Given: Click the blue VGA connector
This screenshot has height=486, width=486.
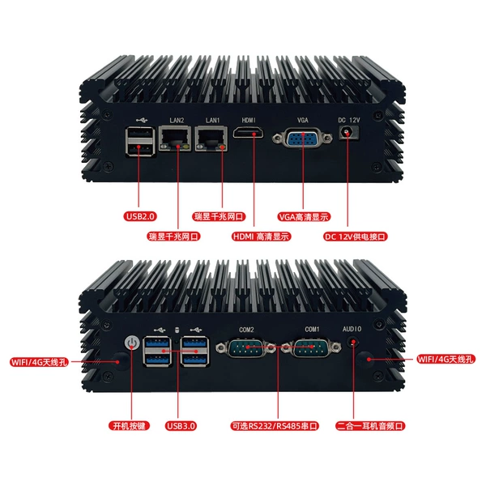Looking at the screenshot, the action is point(302,138).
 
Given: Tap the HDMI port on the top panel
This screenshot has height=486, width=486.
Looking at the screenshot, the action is point(249,133).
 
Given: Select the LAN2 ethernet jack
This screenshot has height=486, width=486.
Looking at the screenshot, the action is point(174,139).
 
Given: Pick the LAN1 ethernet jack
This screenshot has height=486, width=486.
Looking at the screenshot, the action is point(211,139).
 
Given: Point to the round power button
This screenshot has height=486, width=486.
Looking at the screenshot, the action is point(132,343).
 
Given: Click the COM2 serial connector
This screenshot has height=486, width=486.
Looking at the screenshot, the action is point(245,347).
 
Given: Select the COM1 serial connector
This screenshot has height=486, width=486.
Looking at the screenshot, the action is point(312,347).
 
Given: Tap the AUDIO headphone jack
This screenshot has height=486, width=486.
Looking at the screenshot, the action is point(353,342).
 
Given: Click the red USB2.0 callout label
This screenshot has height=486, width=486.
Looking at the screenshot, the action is point(140,216).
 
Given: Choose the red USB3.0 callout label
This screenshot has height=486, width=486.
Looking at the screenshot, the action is point(181,425).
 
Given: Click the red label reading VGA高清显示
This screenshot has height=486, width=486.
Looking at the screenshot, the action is point(304,216).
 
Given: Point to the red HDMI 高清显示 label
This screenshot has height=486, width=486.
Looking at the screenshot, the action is point(261,237).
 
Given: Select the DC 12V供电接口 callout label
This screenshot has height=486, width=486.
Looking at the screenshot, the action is point(356,237).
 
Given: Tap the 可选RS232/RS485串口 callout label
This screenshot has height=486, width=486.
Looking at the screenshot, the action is point(275,425).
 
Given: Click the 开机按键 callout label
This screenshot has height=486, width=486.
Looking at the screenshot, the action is point(129,425).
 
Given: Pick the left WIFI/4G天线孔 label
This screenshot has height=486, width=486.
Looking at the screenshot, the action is point(39,362).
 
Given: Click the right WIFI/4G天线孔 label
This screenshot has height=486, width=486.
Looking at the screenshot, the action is point(446,359).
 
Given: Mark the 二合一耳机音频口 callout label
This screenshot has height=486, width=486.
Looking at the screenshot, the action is point(370,425).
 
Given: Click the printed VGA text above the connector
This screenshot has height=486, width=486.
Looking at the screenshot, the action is point(303,120).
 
